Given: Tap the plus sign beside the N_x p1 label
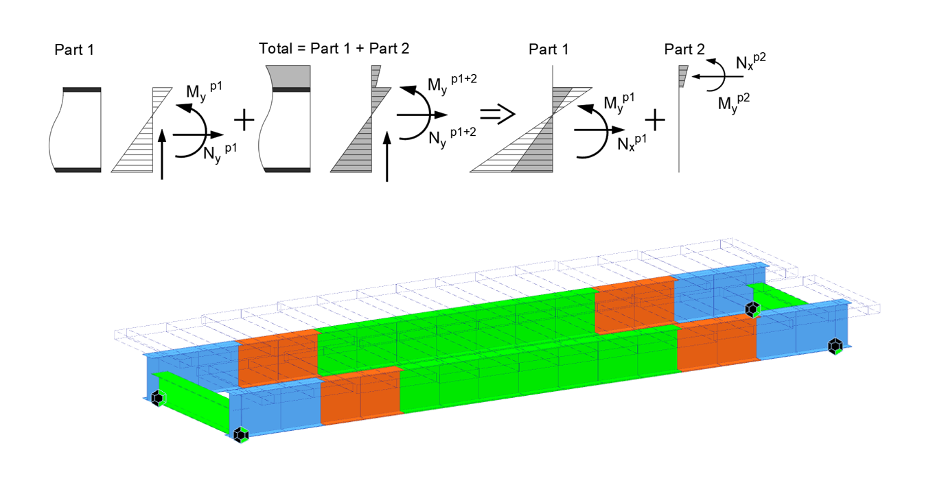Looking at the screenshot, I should coord(656,121).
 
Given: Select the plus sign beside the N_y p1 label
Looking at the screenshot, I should coord(244,121).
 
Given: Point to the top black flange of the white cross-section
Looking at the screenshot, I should coord(82,90).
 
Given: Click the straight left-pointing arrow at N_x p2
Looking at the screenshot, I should coord(714,77).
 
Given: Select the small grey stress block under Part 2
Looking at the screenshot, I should coord(682,76).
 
